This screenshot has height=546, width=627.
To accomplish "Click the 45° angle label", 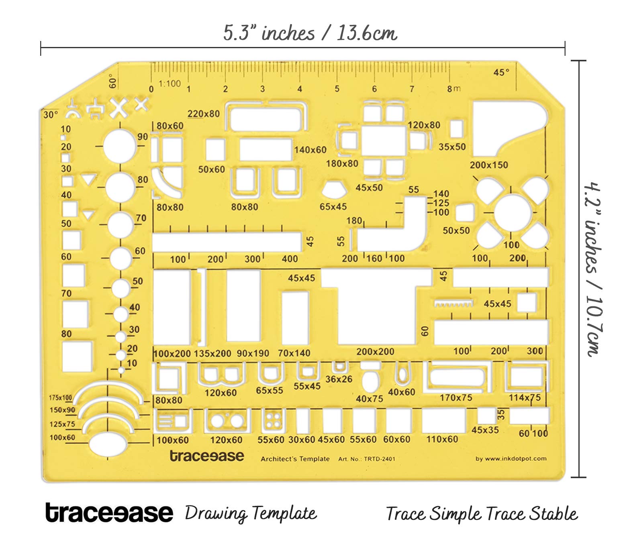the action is pos(501,73).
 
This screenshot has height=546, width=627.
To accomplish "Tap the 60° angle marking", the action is pos(113,81).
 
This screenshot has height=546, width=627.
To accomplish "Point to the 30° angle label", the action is pos(51,115).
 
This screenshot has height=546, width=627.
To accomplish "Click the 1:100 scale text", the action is pos(170,83).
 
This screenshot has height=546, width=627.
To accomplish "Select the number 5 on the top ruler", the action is pos(337,89).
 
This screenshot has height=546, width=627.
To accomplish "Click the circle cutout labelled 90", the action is pos(120,146).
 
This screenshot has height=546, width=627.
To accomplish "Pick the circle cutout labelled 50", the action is pos(121,288).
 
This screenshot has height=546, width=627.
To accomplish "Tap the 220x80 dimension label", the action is pos(204,114).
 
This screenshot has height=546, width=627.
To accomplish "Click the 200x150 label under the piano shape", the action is pos(489,165).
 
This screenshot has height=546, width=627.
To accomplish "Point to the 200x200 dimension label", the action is pos(375,352).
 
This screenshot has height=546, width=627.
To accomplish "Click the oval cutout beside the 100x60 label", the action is pos(108,444).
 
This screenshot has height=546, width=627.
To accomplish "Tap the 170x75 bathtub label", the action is pos(456,398).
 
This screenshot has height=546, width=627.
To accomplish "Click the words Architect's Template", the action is pos(295,459).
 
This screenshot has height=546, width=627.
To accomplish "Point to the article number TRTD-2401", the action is pos(380,459).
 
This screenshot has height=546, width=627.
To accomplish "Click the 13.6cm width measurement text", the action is pos(367,33).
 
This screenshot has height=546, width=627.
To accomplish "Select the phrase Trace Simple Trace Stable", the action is pos(482,514).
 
